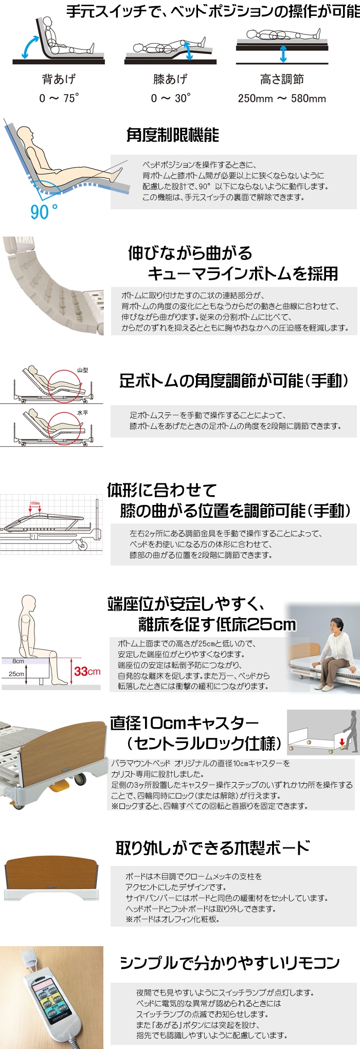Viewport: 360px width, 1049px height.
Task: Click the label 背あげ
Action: [59, 79]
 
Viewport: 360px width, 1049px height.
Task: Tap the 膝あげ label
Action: [170, 79]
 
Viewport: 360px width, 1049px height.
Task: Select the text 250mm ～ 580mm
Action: [282, 98]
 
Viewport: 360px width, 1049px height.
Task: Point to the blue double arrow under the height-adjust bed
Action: [283, 53]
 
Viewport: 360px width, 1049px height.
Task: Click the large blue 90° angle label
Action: [44, 211]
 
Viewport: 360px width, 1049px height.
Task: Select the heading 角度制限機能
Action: [173, 135]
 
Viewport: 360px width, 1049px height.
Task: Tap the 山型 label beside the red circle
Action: [83, 370]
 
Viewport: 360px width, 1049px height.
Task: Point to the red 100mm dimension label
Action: [35, 503]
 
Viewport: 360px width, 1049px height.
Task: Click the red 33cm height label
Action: [87, 671]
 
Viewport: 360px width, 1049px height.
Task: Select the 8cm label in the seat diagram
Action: [19, 661]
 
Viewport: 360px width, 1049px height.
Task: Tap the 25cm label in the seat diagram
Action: [16, 674]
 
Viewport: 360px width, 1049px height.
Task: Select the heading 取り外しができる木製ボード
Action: [213, 848]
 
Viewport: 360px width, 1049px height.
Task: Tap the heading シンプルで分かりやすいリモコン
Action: [230, 963]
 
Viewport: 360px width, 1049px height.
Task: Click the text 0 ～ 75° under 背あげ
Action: [59, 98]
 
